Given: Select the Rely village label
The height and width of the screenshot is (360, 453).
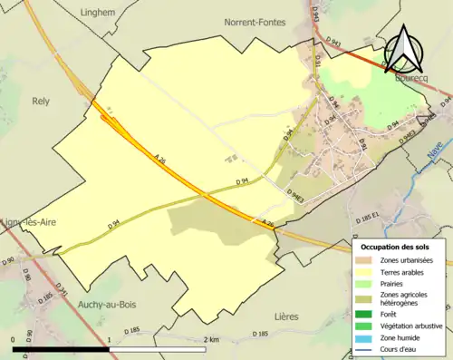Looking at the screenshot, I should [41, 102].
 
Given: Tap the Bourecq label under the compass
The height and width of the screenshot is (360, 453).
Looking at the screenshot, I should [411, 78].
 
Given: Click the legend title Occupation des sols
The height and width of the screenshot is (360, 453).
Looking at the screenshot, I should [396, 246].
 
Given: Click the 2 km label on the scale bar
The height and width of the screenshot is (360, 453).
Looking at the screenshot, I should [212, 339].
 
